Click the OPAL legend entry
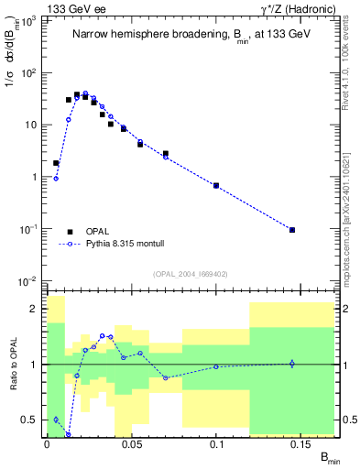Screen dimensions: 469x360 94,232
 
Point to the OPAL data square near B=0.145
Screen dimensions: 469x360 292,230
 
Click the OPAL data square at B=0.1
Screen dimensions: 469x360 216,186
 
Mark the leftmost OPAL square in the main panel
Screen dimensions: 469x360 56,163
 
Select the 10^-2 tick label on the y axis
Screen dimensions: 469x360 29,280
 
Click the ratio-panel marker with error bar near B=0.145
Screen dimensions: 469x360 292,364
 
